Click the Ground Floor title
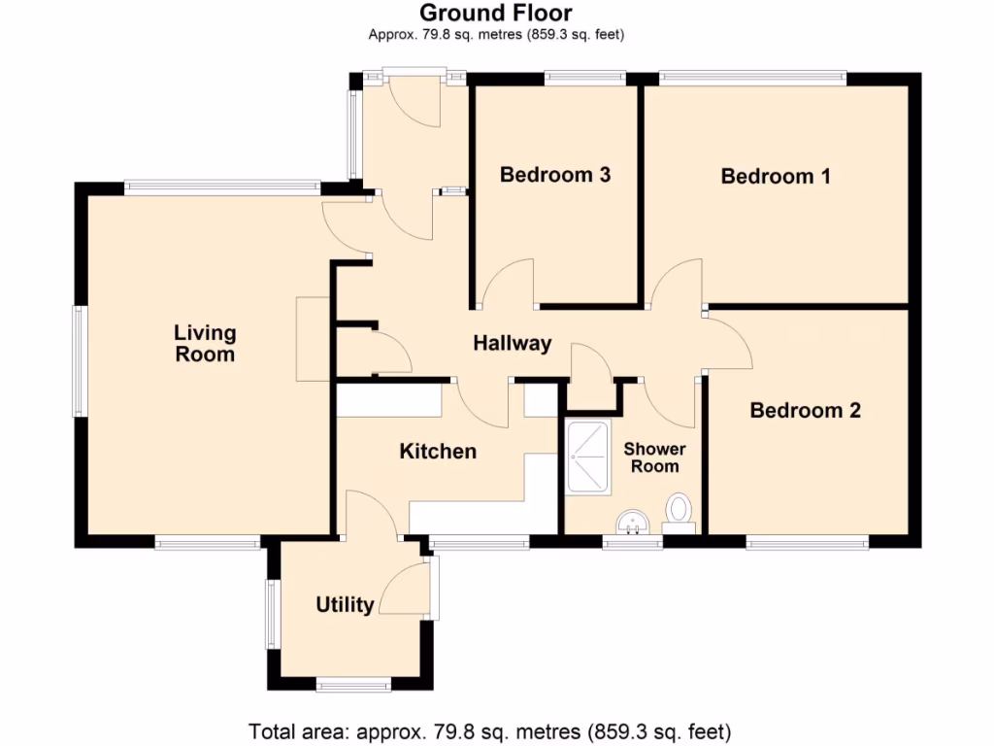[496, 13]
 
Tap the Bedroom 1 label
[775, 176]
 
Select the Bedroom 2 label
[805, 410]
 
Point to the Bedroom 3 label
[554, 175]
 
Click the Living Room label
[205, 343]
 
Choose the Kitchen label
[438, 451]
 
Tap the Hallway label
[512, 342]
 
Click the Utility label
[345, 605]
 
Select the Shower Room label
[653, 458]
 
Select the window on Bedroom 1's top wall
[752, 76]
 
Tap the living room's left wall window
[80, 361]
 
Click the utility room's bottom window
[353, 686]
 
